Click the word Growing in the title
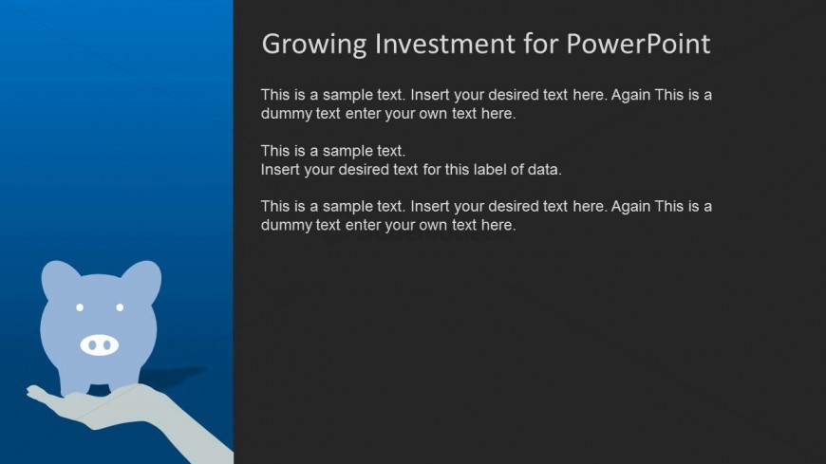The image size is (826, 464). tap(314, 45)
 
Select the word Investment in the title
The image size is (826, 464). tap(445, 44)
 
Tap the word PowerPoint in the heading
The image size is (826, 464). tap(638, 44)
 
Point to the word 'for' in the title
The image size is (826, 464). tap(541, 44)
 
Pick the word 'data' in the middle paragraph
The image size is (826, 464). tap(544, 170)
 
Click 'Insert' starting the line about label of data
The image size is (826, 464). tap(280, 170)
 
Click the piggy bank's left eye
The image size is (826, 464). tap(80, 307)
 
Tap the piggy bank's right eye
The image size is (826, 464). tap(120, 307)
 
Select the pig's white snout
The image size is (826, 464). tap(99, 345)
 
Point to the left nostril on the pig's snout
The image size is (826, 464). tap(92, 345)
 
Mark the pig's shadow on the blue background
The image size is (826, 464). tap(174, 375)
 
